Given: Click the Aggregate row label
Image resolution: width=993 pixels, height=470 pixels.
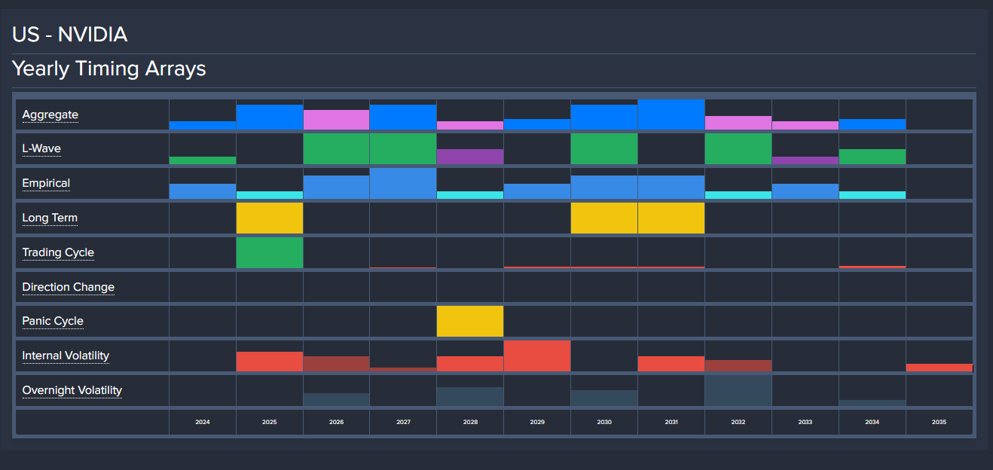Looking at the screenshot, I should coord(50,114).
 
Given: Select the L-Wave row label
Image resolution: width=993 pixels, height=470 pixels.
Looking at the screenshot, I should coord(41,148).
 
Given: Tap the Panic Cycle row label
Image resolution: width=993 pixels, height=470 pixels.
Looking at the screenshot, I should coord(53,321).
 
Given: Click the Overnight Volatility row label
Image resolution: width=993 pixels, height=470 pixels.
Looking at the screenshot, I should coord(72,390).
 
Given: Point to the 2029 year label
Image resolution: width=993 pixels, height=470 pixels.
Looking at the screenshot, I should coord(537,423).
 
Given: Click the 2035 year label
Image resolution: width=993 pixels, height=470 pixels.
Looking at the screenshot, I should coord(939,423).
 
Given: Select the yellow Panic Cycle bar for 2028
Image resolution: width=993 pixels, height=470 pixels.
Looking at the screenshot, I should coord(470,321).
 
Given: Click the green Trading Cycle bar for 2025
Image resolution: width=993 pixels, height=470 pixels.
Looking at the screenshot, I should coord(270,252).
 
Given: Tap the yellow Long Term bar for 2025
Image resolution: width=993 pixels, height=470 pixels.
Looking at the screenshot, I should coord(270,218).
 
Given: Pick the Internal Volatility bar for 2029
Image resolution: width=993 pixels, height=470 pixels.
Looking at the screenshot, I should coord(537,356).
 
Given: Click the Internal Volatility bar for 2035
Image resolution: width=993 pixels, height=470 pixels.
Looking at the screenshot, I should coord(939,368).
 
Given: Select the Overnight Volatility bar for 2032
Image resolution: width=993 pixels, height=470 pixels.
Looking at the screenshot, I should coord(738,390).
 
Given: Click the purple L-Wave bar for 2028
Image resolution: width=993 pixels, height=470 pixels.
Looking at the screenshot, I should coord(470,157).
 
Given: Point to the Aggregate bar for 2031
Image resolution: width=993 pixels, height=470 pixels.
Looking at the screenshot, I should coord(671,114).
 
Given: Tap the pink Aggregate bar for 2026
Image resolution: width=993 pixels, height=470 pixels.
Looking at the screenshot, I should coord(336,120).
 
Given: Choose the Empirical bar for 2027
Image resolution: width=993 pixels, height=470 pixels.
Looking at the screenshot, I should coord(403,183).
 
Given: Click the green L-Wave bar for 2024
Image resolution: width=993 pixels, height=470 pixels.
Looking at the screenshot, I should coord(203,160).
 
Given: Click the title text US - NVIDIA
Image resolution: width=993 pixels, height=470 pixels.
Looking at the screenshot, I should coord(69,35).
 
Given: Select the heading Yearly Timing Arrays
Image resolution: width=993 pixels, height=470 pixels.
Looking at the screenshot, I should coord(109,69).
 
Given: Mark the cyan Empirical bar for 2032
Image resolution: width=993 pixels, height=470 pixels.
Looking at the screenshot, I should coord(738,195).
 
